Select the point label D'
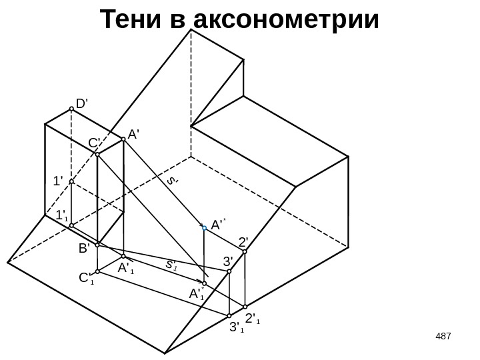83,104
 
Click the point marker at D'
71,111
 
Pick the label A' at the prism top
133,134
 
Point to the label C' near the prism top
94,143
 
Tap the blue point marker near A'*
205,227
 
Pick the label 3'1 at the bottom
235,327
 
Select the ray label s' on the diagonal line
173,180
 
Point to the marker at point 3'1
229,315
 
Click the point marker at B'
97,245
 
